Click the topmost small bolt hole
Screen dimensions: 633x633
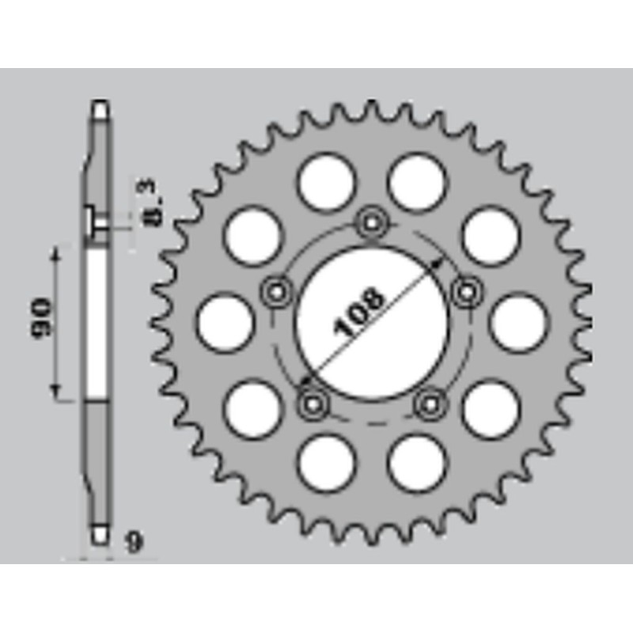370,223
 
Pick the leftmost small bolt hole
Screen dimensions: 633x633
276,291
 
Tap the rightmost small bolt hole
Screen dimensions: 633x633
464,291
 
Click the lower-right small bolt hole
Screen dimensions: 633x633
429,403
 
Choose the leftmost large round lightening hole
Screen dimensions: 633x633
224,323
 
